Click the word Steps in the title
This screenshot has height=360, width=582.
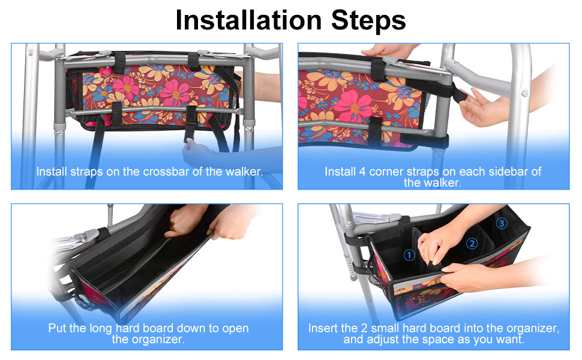tap(368, 20)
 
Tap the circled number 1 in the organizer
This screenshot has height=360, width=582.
tap(409, 255)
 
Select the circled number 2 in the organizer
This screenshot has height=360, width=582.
tap(472, 244)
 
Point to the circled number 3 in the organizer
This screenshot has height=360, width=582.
tap(502, 223)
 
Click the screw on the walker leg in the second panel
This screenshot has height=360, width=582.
tap(524, 93)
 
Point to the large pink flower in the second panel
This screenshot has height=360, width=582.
tap(353, 106)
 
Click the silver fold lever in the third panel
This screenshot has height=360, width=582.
tap(86, 235)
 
